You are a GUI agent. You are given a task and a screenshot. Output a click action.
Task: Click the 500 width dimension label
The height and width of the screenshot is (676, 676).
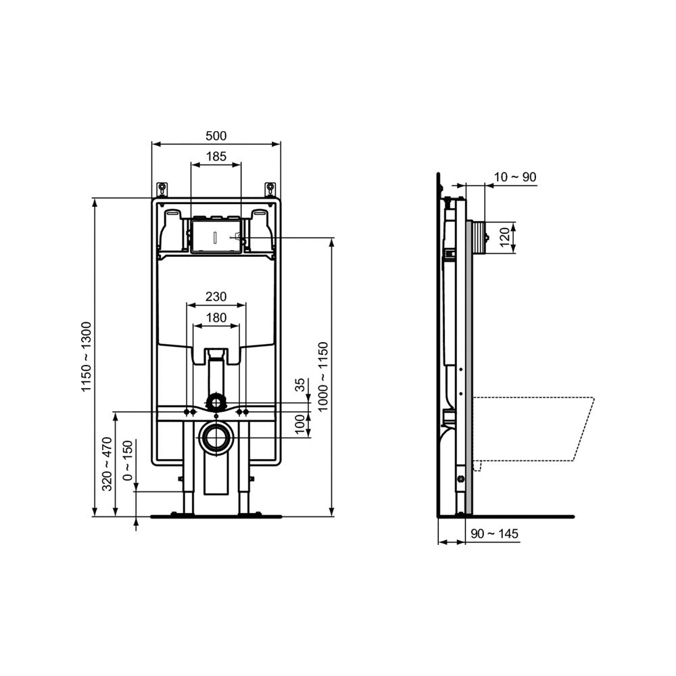tap(216, 136)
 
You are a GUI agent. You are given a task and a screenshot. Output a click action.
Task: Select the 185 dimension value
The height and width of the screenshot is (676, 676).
tap(216, 157)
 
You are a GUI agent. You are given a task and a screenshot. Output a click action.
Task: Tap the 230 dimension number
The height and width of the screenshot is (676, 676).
tap(216, 297)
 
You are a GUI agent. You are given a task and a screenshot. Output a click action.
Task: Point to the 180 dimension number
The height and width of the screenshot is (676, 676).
tap(216, 318)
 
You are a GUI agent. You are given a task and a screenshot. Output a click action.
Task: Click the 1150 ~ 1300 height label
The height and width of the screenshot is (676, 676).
tap(86, 358)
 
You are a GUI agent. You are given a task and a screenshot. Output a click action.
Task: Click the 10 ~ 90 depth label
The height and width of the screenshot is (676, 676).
tap(514, 177)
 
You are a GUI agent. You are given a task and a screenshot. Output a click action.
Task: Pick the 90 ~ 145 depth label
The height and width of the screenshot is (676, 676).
tap(494, 534)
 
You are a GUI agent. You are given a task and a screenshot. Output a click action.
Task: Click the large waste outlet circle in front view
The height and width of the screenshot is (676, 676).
tap(216, 437)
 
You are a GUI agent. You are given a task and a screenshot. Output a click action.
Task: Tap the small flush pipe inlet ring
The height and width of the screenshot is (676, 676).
tap(216, 402)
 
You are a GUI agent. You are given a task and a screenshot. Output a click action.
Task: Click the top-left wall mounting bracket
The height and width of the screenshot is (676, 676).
tap(162, 188)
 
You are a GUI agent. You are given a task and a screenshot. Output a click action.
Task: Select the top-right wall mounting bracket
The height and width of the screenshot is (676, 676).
tap(270, 188)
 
